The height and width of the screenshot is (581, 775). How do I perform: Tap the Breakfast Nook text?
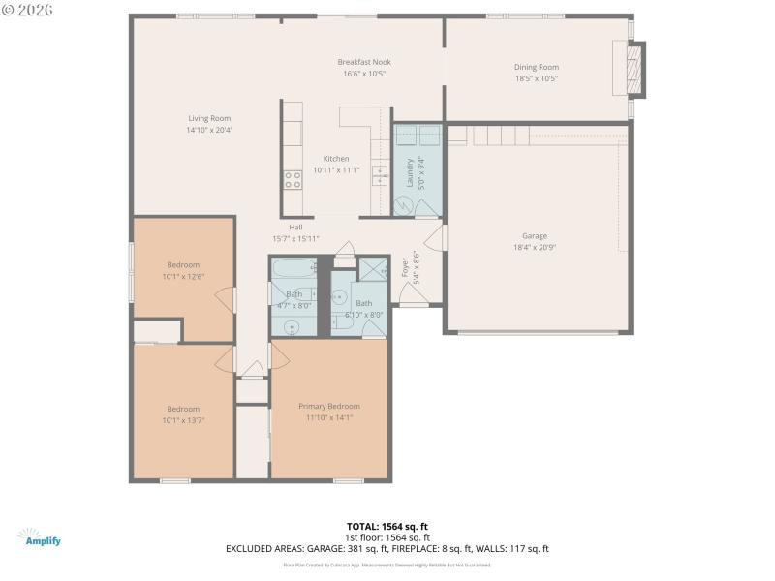(364, 62)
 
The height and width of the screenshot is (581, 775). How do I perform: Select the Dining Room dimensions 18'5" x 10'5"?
(536, 78)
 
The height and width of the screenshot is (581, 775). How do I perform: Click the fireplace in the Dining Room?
(635, 69)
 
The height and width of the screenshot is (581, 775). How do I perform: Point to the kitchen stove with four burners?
(292, 179)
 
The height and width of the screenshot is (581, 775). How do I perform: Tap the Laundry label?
(410, 171)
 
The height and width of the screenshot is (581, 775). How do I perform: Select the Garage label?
(535, 235)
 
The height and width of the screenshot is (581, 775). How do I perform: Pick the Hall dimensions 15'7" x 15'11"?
(295, 238)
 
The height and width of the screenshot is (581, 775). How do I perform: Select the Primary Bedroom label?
(328, 406)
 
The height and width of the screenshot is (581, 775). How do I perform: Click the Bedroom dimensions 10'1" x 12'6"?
(183, 277)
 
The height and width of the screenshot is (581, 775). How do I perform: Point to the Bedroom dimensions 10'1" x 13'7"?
(183, 420)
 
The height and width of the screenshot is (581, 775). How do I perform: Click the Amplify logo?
(39, 537)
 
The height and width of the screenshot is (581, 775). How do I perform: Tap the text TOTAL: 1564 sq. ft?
(387, 526)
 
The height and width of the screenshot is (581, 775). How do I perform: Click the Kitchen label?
(336, 159)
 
